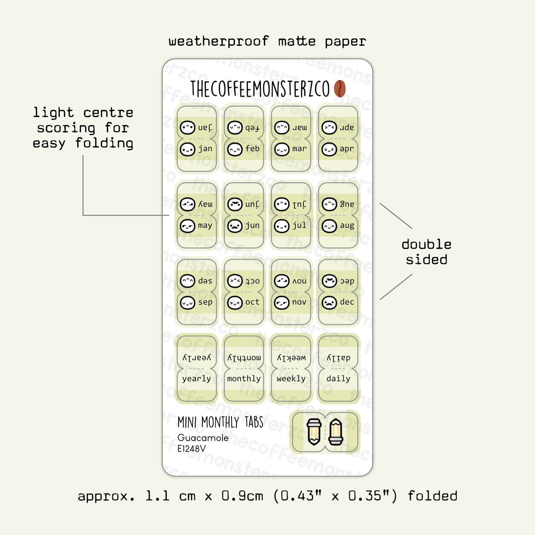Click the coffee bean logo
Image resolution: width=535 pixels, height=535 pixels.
click(340, 88)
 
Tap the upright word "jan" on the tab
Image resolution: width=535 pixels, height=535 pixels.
click(205, 149)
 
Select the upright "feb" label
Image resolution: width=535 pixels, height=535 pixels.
click(252, 149)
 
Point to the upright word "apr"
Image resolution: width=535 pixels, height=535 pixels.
click(347, 149)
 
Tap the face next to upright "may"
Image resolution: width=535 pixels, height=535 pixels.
click(187, 226)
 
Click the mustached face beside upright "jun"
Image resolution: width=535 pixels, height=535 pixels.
click(235, 226)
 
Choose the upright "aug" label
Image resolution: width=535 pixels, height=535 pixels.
click(347, 226)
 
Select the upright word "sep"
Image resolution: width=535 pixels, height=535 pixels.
click(205, 302)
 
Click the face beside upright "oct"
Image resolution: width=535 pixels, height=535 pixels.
click(235, 303)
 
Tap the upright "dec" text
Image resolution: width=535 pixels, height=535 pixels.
click(347, 302)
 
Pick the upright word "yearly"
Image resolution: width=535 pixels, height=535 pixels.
click(197, 379)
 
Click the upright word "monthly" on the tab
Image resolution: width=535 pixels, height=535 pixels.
click(244, 379)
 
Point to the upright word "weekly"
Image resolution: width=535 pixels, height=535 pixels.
click(291, 379)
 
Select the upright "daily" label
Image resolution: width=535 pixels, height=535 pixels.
click(338, 379)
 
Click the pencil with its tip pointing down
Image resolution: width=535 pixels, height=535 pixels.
click(314, 432)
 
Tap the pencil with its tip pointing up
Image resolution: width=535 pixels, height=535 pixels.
click(336, 432)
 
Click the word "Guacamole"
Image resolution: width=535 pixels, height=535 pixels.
click(203, 438)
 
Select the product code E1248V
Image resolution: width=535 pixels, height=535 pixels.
click(191, 449)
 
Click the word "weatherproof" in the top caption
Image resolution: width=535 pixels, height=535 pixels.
click(219, 41)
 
